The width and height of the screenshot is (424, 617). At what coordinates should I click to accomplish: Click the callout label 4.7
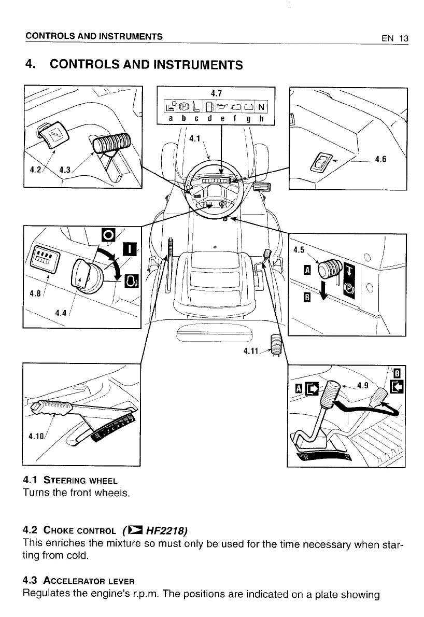point(216,93)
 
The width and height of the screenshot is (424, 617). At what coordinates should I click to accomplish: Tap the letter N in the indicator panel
point(262,107)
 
